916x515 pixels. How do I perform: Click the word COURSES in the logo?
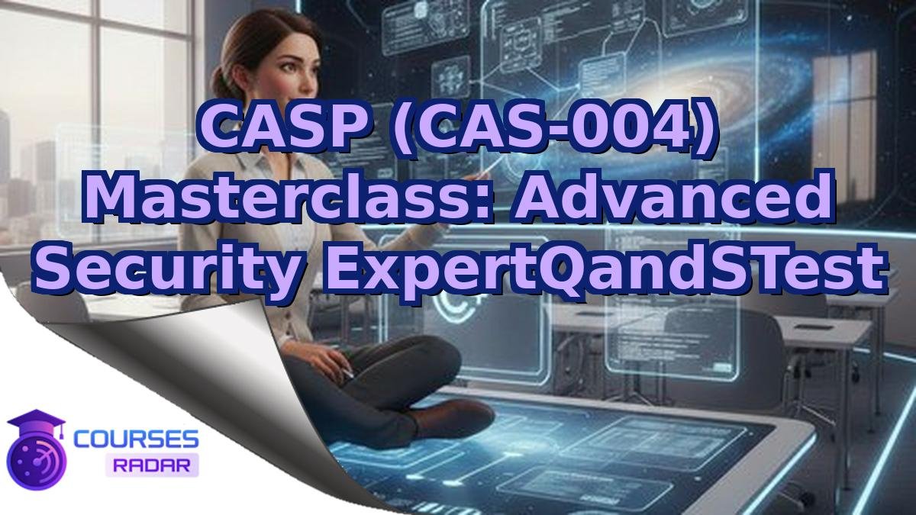tap(137, 439)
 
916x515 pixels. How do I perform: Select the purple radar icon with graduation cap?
tap(36, 450)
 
